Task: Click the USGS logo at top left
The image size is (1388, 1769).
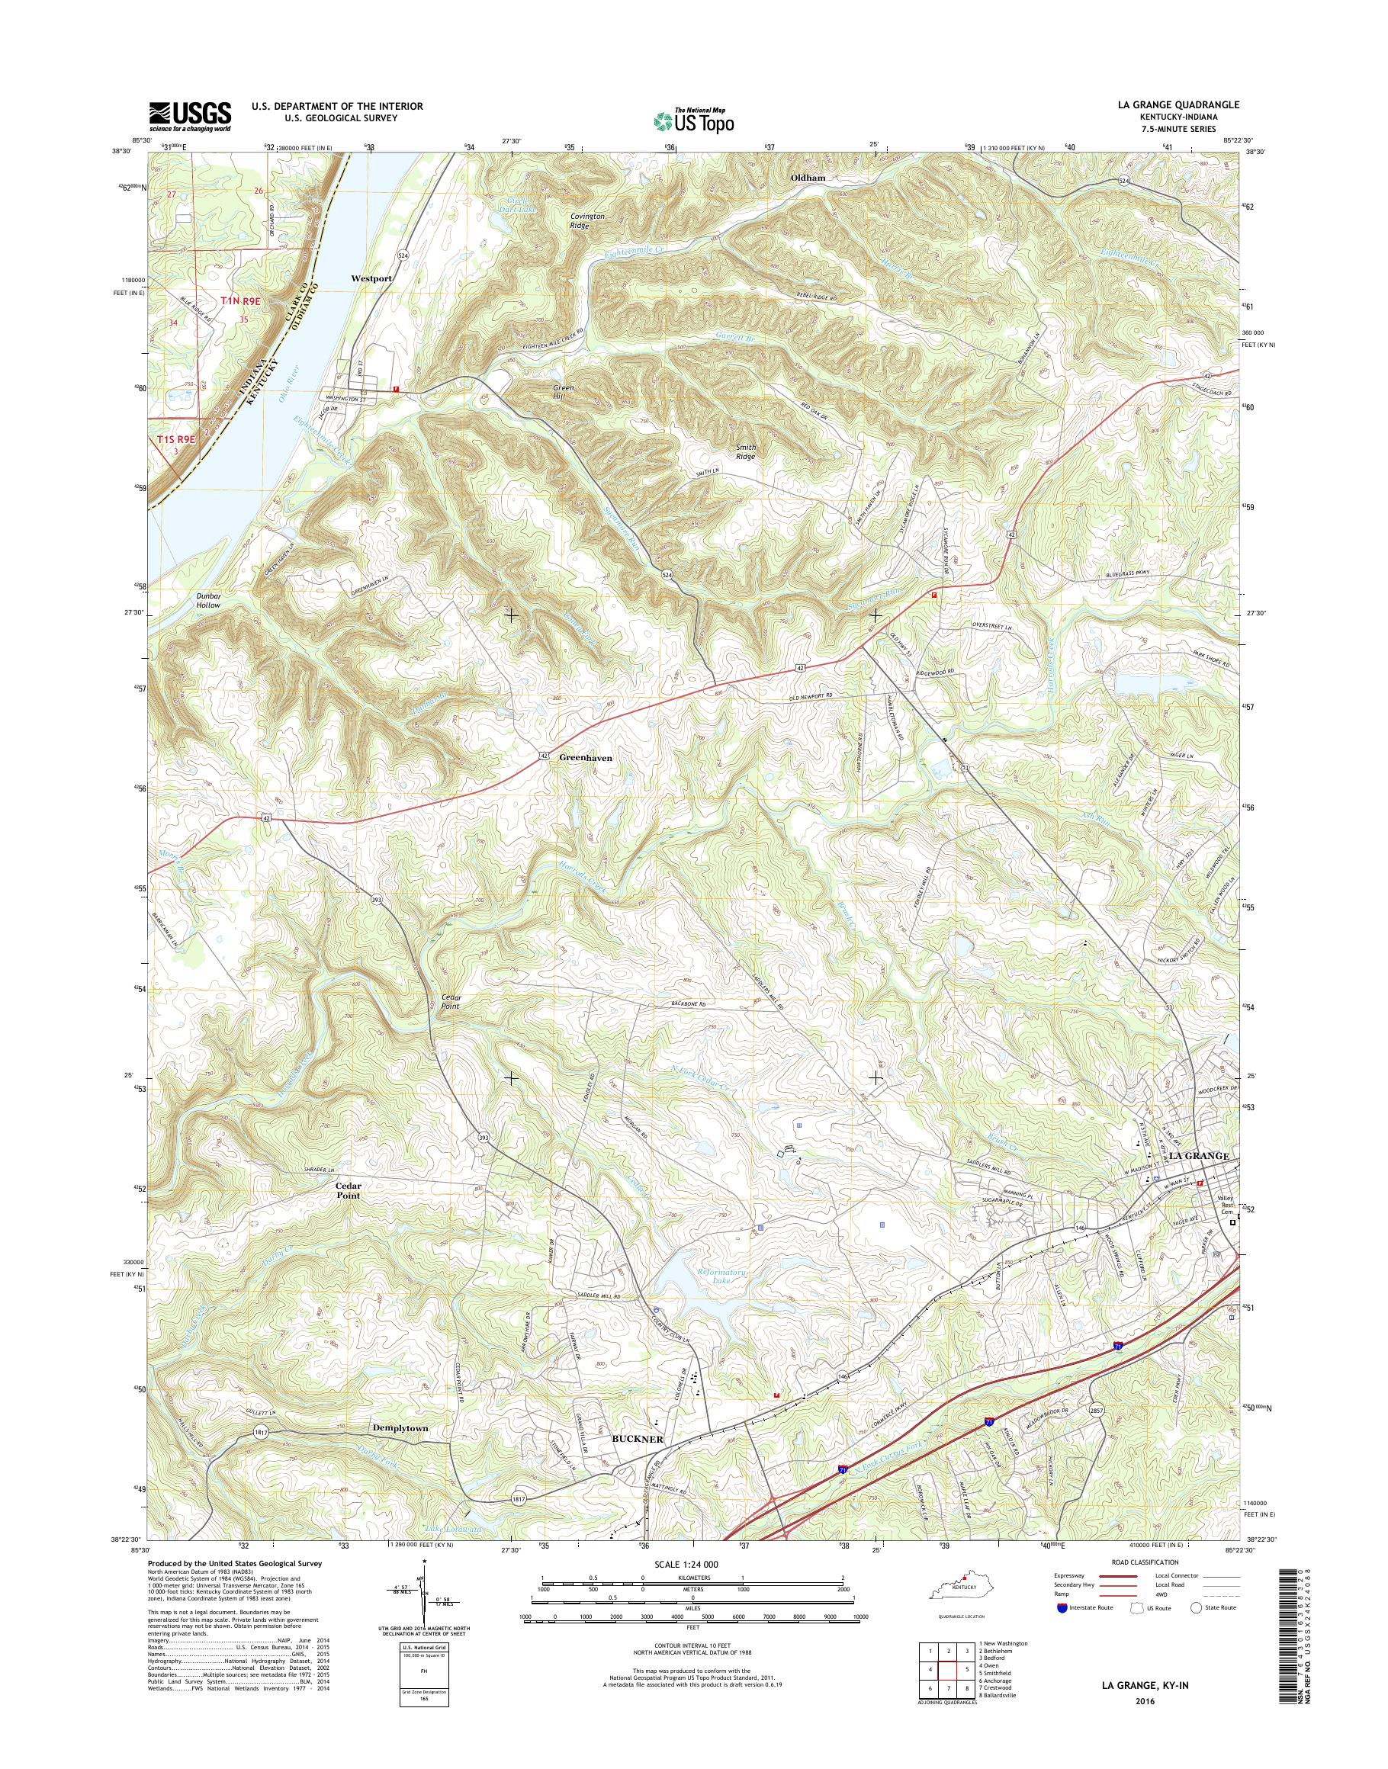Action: click(189, 116)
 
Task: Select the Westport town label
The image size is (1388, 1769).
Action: click(371, 278)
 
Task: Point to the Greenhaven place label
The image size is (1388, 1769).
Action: click(585, 757)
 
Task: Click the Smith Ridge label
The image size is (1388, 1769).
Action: click(744, 452)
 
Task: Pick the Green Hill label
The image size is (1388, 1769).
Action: click(563, 393)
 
